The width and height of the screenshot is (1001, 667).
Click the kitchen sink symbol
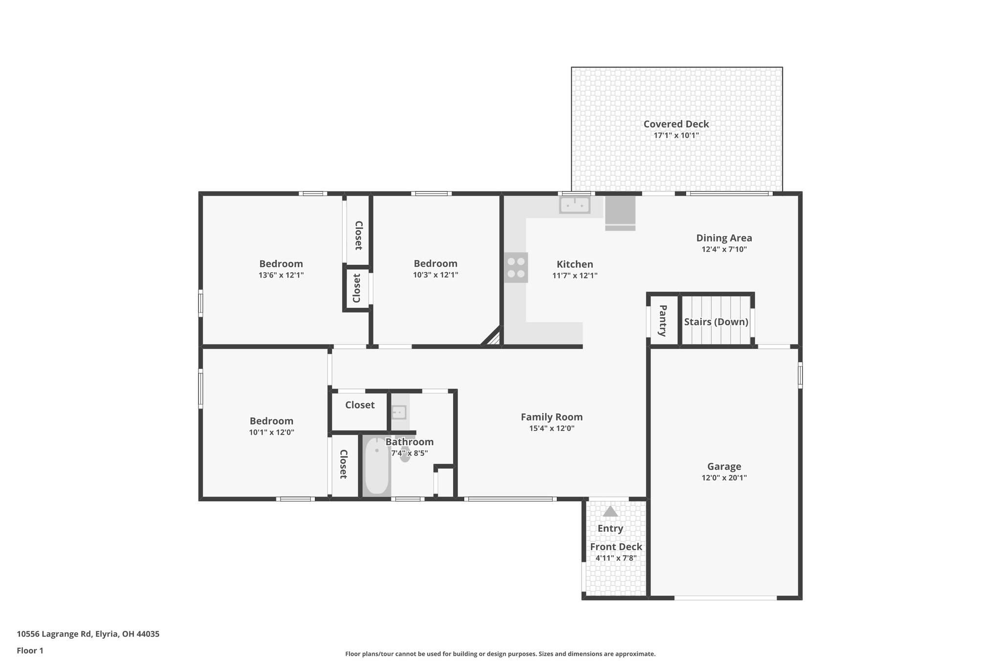575,205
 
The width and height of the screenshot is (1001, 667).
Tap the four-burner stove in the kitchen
516,267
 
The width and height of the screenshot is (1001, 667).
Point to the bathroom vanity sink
399,412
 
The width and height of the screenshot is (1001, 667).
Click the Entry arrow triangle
610,512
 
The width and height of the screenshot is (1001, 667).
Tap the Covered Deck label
676,124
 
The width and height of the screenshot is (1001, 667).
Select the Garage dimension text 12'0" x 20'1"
724,478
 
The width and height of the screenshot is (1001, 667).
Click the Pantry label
663,321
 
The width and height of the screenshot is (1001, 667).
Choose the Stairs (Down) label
716,322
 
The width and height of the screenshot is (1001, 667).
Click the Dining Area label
724,238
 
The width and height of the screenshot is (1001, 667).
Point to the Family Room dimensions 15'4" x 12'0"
551,429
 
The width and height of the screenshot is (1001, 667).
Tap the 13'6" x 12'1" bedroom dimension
281,275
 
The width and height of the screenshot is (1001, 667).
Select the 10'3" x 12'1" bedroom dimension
435,275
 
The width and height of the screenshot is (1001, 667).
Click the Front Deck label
616,547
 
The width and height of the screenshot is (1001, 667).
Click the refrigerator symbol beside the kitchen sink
620,213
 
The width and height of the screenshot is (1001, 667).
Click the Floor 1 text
30,650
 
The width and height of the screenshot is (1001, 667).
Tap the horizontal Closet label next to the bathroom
360,405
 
